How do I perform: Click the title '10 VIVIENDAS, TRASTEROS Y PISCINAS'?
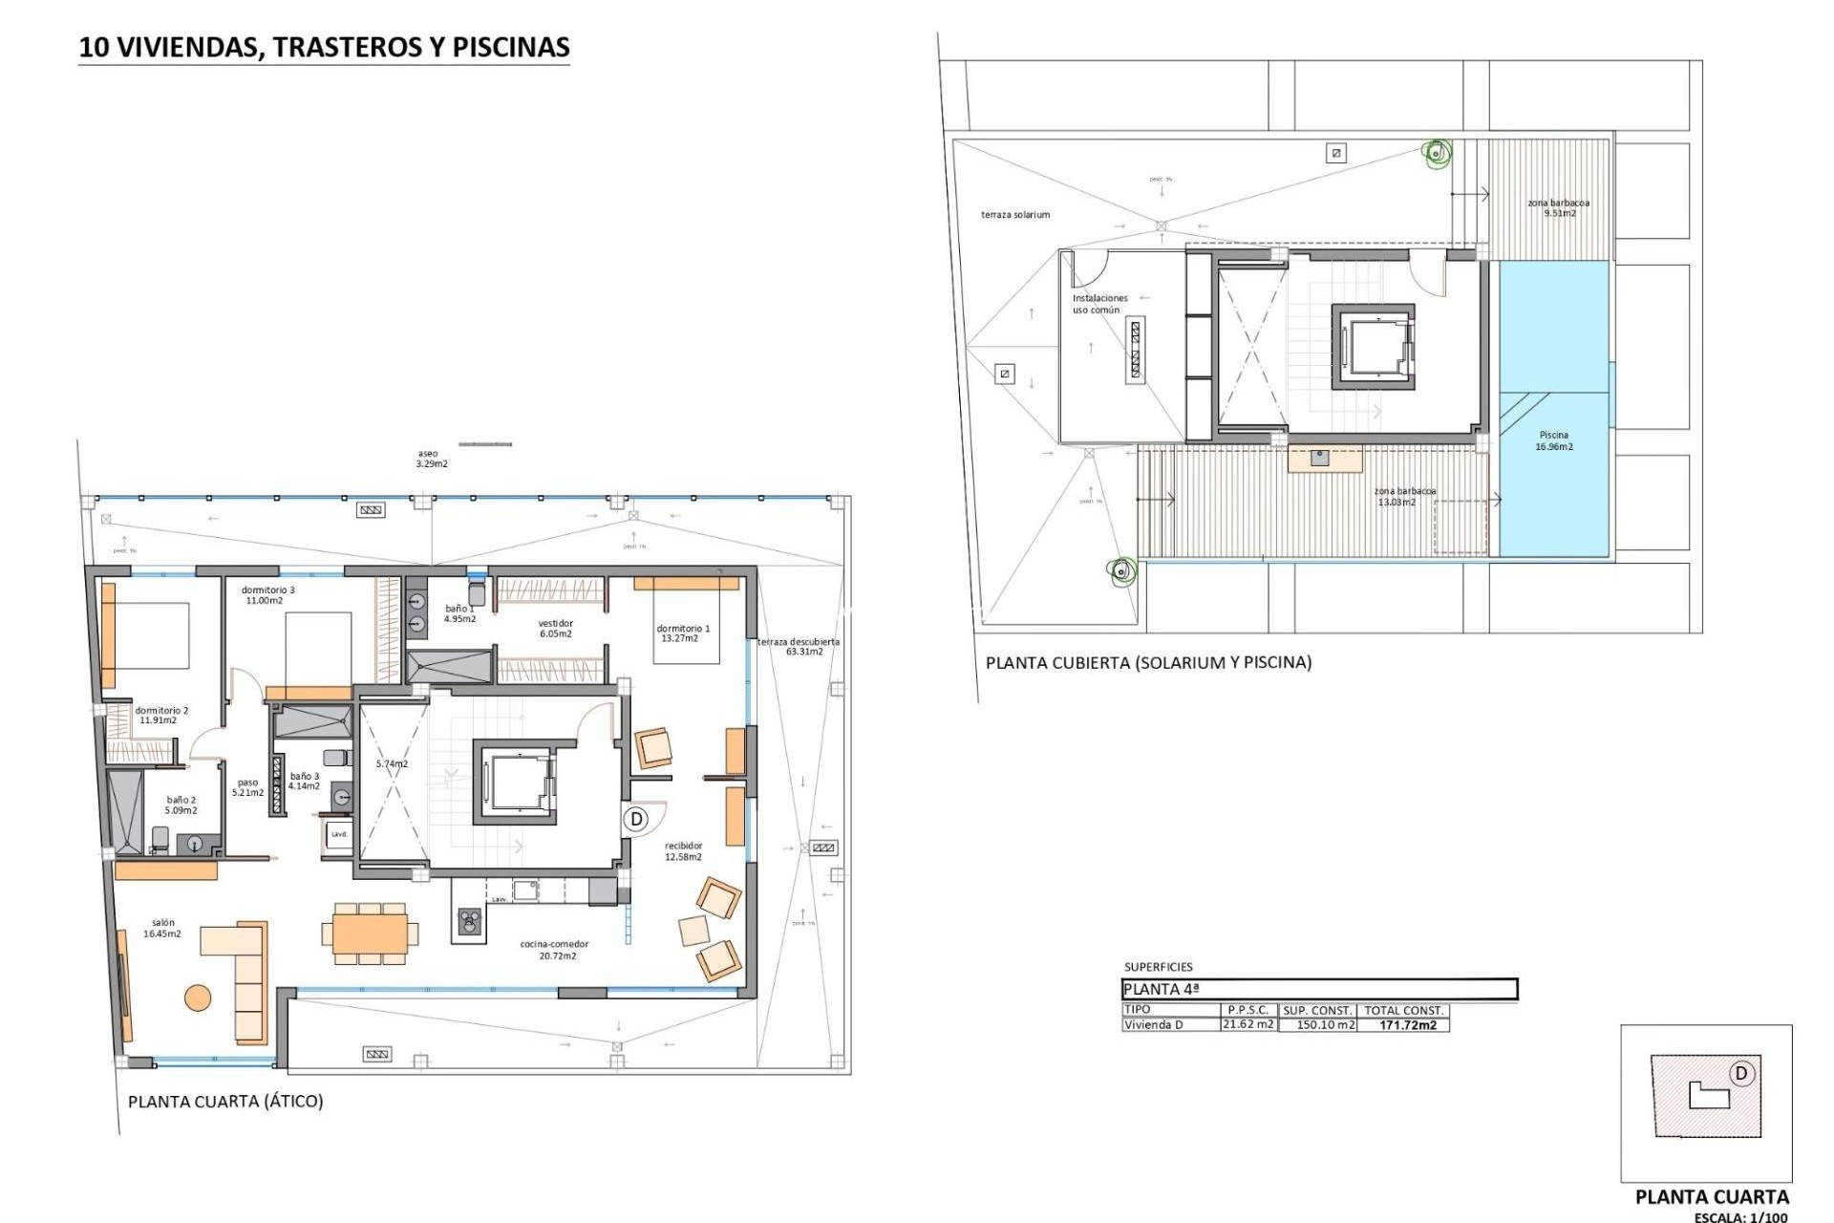coord(324,47)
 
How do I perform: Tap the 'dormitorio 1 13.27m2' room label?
coord(683,633)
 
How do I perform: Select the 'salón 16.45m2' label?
coord(162,929)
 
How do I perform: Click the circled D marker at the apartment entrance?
coord(636,819)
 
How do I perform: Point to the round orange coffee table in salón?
coord(198,998)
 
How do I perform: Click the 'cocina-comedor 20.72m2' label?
coord(554,950)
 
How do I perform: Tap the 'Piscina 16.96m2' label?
coord(1554,440)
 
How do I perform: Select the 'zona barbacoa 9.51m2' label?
coord(1558,207)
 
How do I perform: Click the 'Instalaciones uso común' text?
coord(1098,304)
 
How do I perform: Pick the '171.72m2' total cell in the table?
coord(1407,1025)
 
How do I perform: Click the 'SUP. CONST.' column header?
coord(1317,1010)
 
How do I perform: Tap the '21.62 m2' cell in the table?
coord(1248,1024)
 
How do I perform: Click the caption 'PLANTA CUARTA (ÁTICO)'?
coord(225,1102)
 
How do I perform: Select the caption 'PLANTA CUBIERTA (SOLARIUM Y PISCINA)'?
coord(1148,662)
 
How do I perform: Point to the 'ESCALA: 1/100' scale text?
coord(1740,1217)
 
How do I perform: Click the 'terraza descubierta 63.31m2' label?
coord(800,647)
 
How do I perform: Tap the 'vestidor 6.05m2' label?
coord(555,628)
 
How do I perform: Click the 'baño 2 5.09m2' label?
coord(181,805)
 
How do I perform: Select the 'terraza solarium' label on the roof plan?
coord(1014,215)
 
